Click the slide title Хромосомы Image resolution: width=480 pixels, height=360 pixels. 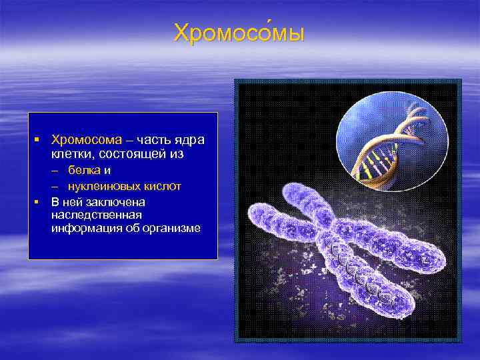tap(239, 33)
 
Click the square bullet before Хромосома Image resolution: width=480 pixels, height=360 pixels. tap(39, 141)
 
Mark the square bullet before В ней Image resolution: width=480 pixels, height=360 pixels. tap(39, 201)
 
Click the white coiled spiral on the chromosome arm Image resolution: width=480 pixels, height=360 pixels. tap(360, 273)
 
